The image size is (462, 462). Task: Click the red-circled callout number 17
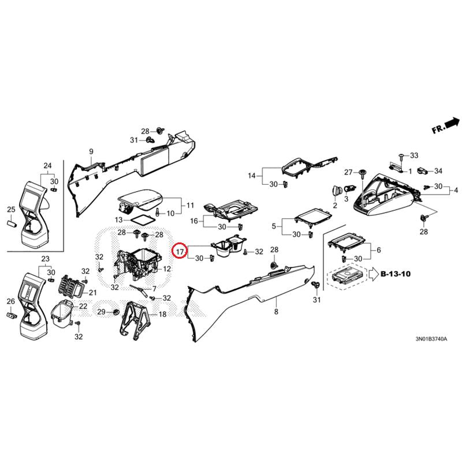(x=180, y=251)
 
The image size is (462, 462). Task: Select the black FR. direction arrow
(x=452, y=122)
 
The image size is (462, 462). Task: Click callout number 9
(x=91, y=152)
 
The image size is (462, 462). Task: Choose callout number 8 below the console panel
(x=276, y=312)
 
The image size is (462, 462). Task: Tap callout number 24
(x=47, y=165)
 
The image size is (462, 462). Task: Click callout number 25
(x=10, y=208)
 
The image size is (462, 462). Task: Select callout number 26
(x=10, y=301)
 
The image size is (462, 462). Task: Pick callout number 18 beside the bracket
(x=162, y=314)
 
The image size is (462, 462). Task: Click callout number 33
(x=413, y=156)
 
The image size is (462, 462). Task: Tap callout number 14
(x=251, y=176)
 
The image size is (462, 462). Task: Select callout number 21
(x=93, y=285)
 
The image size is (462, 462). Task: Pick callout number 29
(x=101, y=312)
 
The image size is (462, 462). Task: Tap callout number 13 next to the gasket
(x=118, y=220)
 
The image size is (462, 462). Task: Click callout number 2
(x=334, y=206)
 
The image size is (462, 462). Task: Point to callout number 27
(x=348, y=172)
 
